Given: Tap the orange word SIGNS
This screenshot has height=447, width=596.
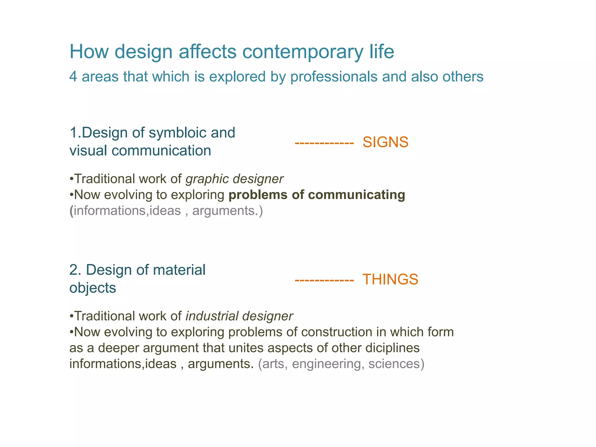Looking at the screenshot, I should (385, 142).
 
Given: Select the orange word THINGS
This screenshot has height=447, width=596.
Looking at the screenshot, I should (390, 279).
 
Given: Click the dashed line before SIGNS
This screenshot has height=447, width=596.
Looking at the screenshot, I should (324, 143).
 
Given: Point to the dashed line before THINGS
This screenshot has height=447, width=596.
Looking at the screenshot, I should (324, 281).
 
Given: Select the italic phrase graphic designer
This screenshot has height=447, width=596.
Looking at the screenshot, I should (234, 179).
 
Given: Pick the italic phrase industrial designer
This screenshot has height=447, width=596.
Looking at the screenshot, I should (239, 316).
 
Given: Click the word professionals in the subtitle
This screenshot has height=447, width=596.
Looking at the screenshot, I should (334, 77).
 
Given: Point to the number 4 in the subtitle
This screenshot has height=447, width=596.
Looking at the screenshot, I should (73, 77).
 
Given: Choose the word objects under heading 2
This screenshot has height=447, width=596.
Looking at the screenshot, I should (93, 288).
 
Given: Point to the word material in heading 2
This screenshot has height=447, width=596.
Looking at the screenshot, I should (179, 270).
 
